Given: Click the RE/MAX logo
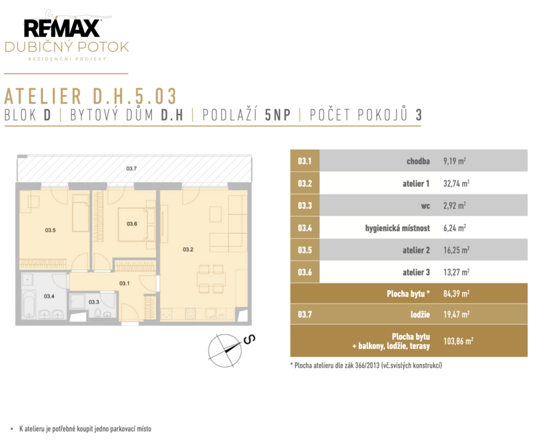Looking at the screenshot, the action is point(62,28).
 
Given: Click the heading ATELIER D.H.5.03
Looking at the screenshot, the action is point(90,96).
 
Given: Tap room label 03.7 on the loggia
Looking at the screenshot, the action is point(131,168).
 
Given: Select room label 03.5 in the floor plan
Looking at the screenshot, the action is point(50,230).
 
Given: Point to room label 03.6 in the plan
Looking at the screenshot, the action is point(132,224).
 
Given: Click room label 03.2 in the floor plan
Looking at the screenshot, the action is point(188,249).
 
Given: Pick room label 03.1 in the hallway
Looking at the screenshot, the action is point(124,284).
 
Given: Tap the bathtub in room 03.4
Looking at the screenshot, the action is point(29,305).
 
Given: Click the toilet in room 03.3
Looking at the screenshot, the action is point(99,312).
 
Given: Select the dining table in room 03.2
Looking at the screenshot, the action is point(211,279).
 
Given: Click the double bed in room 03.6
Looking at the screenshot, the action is point(133,225).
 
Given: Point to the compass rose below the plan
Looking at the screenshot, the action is point(225,350).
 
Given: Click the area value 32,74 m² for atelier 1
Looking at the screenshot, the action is point(457,183).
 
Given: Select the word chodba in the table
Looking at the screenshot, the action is point(418,161).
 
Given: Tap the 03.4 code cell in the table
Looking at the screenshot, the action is point(305,228).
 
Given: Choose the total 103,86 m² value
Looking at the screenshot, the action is point(458,341).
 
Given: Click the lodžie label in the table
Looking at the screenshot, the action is point(420,314).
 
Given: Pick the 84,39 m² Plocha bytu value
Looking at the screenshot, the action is point(457,294).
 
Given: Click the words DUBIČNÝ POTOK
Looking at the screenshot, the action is point(67,47).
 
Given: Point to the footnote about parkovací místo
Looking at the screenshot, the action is point(85,429).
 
